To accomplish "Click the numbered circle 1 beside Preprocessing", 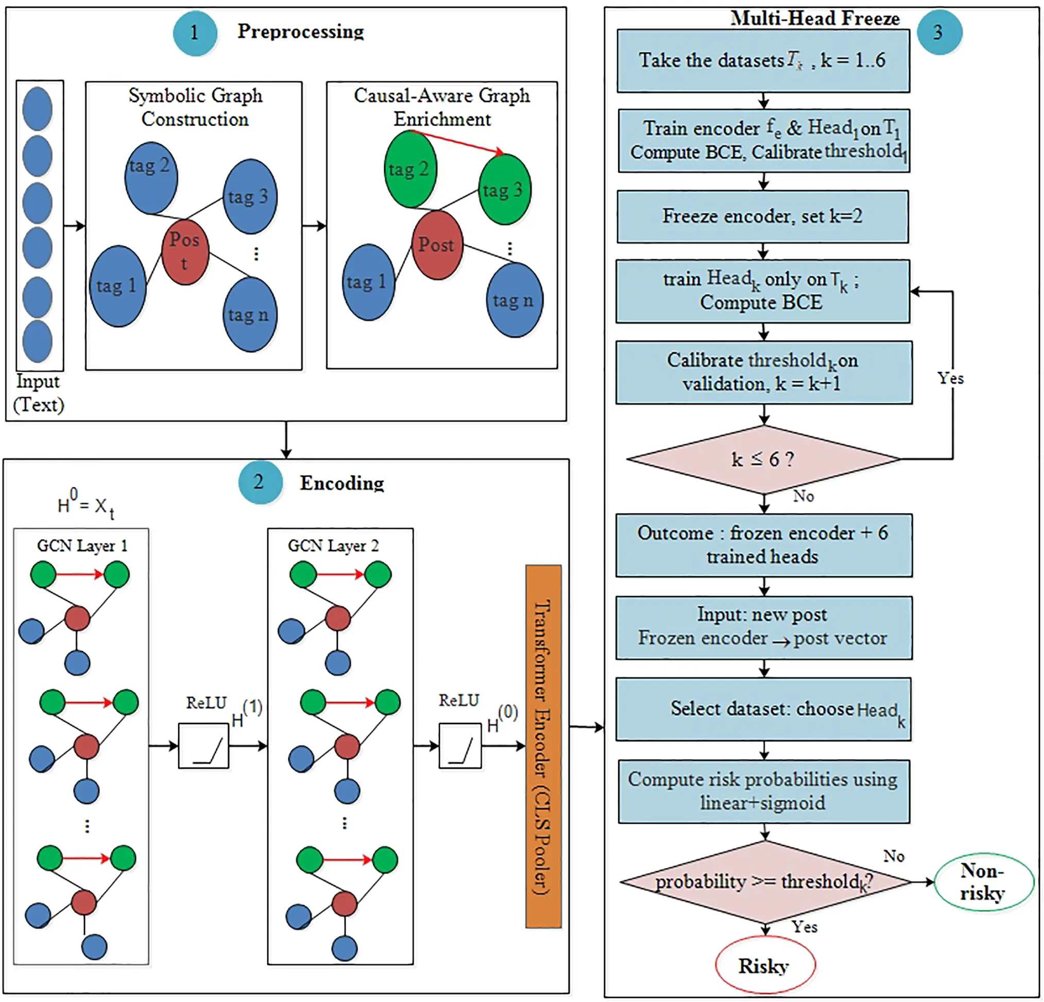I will tap(194, 33).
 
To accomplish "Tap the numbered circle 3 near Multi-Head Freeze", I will tap(938, 32).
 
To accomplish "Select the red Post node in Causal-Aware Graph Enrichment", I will tap(437, 245).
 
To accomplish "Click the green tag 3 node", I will tap(504, 190).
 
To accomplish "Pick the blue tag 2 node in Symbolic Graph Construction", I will tap(151, 177).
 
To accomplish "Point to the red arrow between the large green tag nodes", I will tap(457, 142).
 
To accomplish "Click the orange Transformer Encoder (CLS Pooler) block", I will tap(543, 746).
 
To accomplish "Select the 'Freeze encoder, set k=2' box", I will tap(762, 216).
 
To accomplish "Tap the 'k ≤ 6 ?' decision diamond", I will tap(763, 458).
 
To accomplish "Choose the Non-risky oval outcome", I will tap(983, 881).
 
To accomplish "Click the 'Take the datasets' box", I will tap(763, 61).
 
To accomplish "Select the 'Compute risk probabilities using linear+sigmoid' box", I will tap(763, 791).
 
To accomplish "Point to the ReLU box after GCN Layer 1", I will tap(203, 745).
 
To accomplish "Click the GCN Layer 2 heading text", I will tap(333, 546).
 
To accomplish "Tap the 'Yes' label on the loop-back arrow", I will tap(950, 378).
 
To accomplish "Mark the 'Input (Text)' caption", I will tap(38, 393).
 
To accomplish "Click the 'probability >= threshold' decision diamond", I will tap(764, 881).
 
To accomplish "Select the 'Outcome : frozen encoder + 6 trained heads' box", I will tap(763, 545).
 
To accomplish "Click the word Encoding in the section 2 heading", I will tap(341, 483).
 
